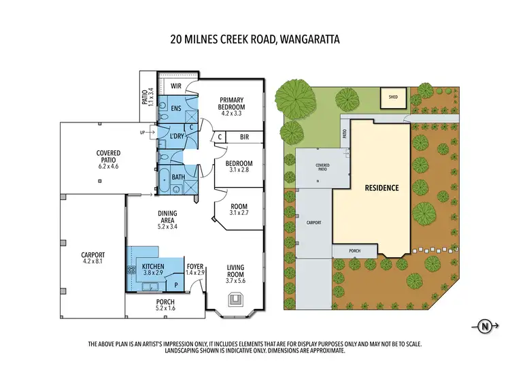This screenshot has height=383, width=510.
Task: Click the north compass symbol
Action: [x=485, y=326]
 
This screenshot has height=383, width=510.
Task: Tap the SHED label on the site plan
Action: [x=393, y=97]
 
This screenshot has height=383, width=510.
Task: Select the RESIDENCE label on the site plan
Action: [x=381, y=187]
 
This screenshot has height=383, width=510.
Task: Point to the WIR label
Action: [x=175, y=86]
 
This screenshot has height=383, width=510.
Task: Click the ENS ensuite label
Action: [x=175, y=108]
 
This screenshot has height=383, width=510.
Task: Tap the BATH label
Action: [x=177, y=178]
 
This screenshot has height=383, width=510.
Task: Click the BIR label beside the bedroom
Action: [x=245, y=137]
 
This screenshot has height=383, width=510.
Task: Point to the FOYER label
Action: [x=195, y=267]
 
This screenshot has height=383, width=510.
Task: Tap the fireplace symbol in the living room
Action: [x=236, y=297]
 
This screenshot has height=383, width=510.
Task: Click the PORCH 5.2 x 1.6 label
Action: [x=165, y=305]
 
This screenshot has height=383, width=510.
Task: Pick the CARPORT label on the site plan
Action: [x=313, y=222]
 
